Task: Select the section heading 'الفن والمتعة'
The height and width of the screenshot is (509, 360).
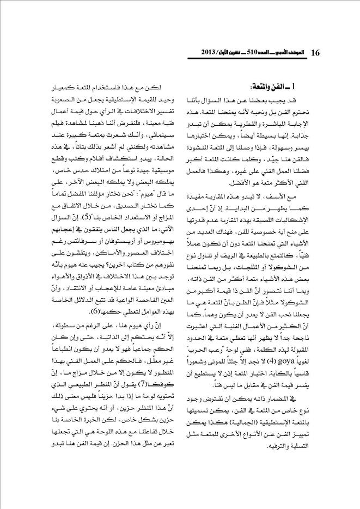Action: [270, 87]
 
